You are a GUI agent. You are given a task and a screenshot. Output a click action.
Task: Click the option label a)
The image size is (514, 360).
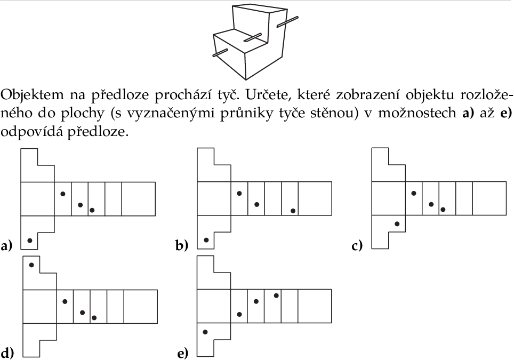(6, 245)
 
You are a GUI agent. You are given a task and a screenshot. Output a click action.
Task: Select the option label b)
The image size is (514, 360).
(182, 245)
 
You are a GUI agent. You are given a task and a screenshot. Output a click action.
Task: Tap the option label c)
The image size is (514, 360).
(357, 245)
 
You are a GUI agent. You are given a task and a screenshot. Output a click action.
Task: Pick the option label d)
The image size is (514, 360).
(7, 353)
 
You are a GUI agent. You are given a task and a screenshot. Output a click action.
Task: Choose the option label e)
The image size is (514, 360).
(182, 354)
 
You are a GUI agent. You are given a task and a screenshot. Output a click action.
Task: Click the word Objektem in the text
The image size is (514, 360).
(33, 95)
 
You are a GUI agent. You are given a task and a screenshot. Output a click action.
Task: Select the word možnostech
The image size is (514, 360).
(417, 114)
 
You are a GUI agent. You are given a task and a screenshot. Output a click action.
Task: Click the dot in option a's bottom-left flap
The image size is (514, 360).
(30, 241)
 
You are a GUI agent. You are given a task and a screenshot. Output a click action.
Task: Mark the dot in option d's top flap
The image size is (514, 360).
(31, 265)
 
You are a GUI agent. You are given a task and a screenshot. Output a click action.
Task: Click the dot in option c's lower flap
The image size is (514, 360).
(397, 224)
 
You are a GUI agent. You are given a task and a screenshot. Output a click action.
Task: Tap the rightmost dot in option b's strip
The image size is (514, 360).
(293, 211)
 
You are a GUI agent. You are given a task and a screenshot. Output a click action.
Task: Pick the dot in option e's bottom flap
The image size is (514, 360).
(205, 332)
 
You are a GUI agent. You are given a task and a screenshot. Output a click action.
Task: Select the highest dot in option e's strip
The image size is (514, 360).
(276, 296)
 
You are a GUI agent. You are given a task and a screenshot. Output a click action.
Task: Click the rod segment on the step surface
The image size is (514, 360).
(252, 37)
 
